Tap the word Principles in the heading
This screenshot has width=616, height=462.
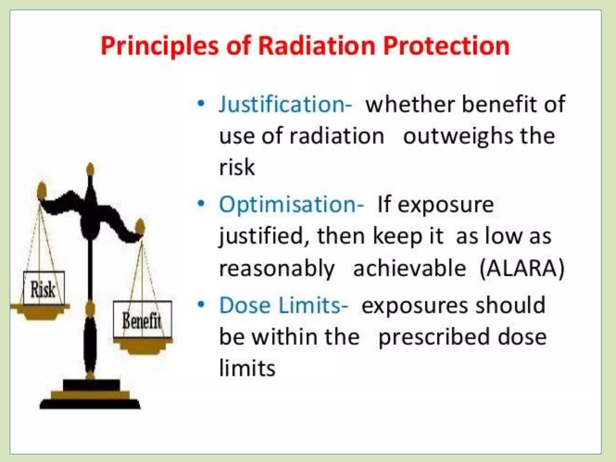tap(159, 47)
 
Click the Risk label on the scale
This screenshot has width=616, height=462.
tap(43, 289)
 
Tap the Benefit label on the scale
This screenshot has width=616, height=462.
tap(142, 321)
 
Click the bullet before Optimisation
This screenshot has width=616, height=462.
tap(201, 204)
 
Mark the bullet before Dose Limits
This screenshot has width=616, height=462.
tap(201, 304)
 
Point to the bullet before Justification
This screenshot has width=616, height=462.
tap(201, 103)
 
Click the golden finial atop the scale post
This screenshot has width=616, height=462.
tap(90, 170)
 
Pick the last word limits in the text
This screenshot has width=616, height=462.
tap(247, 368)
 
